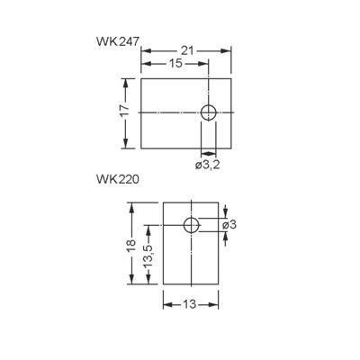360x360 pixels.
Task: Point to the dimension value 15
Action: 175,65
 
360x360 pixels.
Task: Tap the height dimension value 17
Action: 125,113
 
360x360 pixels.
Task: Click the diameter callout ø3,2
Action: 209,166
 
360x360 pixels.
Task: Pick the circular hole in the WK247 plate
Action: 208,113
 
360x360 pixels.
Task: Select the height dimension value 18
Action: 131,245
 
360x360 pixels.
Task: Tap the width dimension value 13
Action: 191,304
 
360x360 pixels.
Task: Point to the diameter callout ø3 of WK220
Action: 229,224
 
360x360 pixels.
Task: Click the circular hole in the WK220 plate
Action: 192,224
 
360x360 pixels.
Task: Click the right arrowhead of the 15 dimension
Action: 205,65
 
